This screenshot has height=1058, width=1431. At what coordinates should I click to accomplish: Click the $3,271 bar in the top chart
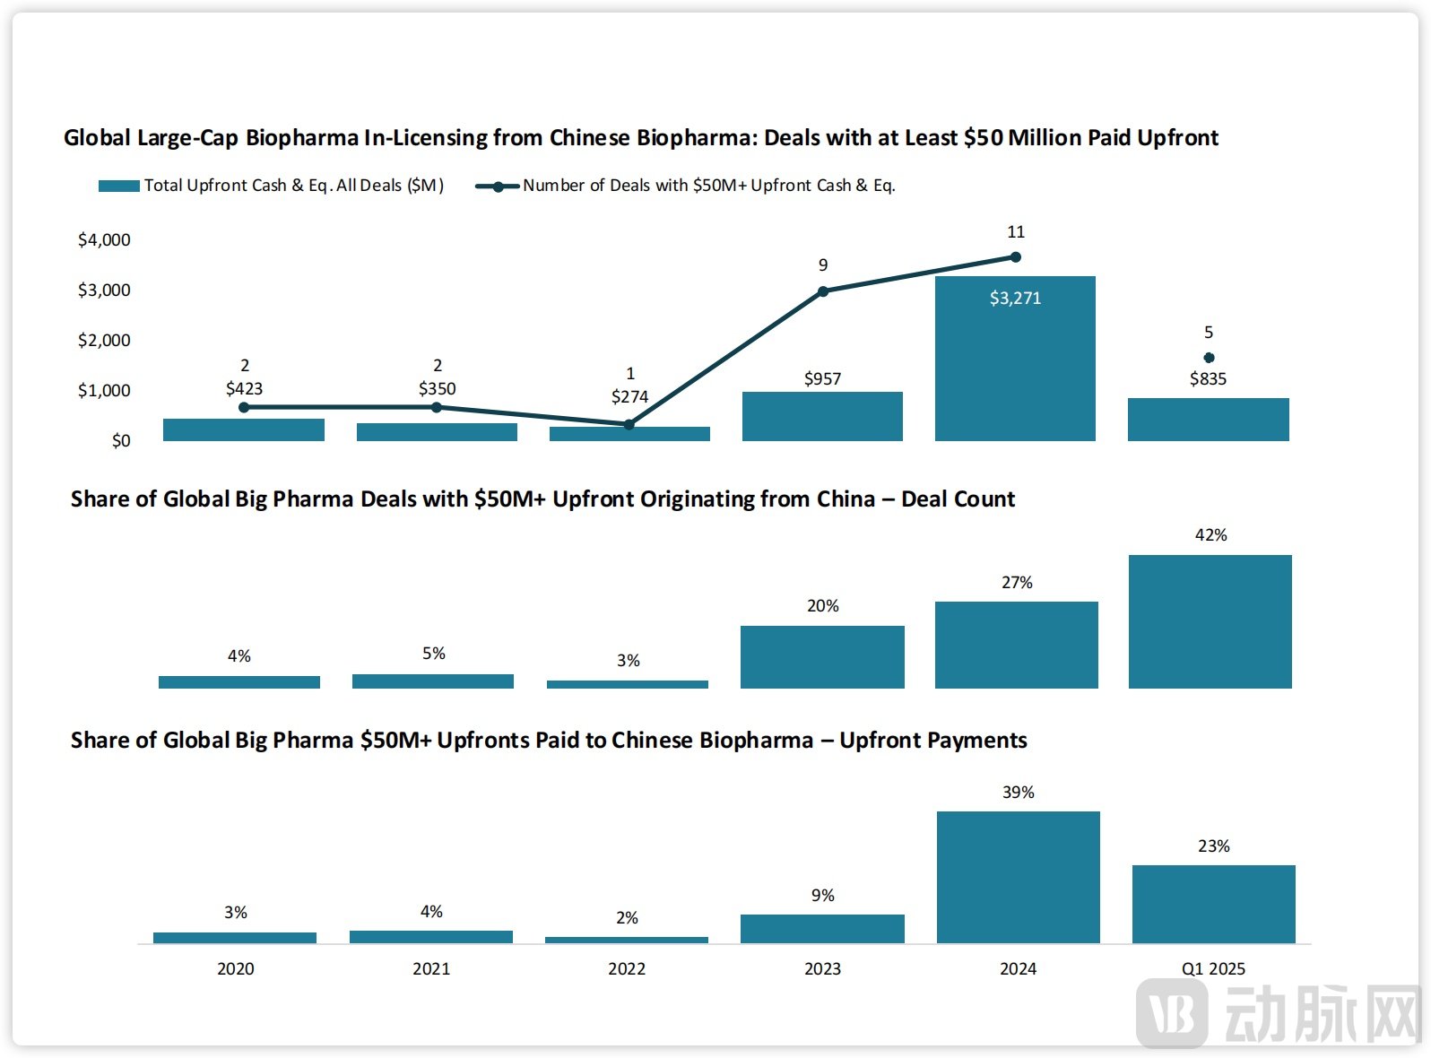click(1015, 359)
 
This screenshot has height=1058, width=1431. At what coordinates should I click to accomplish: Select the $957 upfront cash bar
click(822, 416)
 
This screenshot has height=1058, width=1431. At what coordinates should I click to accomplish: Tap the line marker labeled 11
click(1015, 257)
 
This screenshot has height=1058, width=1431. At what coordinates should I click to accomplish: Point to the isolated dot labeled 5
click(1209, 358)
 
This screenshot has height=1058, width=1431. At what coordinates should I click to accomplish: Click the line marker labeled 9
click(823, 291)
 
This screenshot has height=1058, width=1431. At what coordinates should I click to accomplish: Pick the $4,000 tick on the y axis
click(104, 240)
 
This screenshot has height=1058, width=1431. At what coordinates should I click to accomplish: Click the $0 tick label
click(121, 441)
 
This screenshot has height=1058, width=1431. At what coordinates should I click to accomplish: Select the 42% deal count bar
click(1210, 621)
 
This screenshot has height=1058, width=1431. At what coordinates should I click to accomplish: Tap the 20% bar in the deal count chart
click(822, 657)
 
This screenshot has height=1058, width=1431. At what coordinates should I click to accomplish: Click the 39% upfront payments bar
click(1018, 877)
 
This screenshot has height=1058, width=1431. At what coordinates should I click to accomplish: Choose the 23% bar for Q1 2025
click(1213, 904)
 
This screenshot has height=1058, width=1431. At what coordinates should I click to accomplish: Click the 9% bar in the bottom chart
click(822, 929)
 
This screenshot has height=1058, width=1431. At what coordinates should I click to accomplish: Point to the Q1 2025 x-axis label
click(1213, 969)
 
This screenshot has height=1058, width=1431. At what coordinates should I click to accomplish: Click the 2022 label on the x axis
click(627, 969)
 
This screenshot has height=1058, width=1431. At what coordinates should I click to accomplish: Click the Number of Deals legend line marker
click(498, 186)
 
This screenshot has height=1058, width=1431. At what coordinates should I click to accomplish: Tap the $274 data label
click(629, 397)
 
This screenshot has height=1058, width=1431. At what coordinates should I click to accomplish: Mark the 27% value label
click(1017, 583)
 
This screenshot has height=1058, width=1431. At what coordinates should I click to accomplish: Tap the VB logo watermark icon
click(1172, 1014)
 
